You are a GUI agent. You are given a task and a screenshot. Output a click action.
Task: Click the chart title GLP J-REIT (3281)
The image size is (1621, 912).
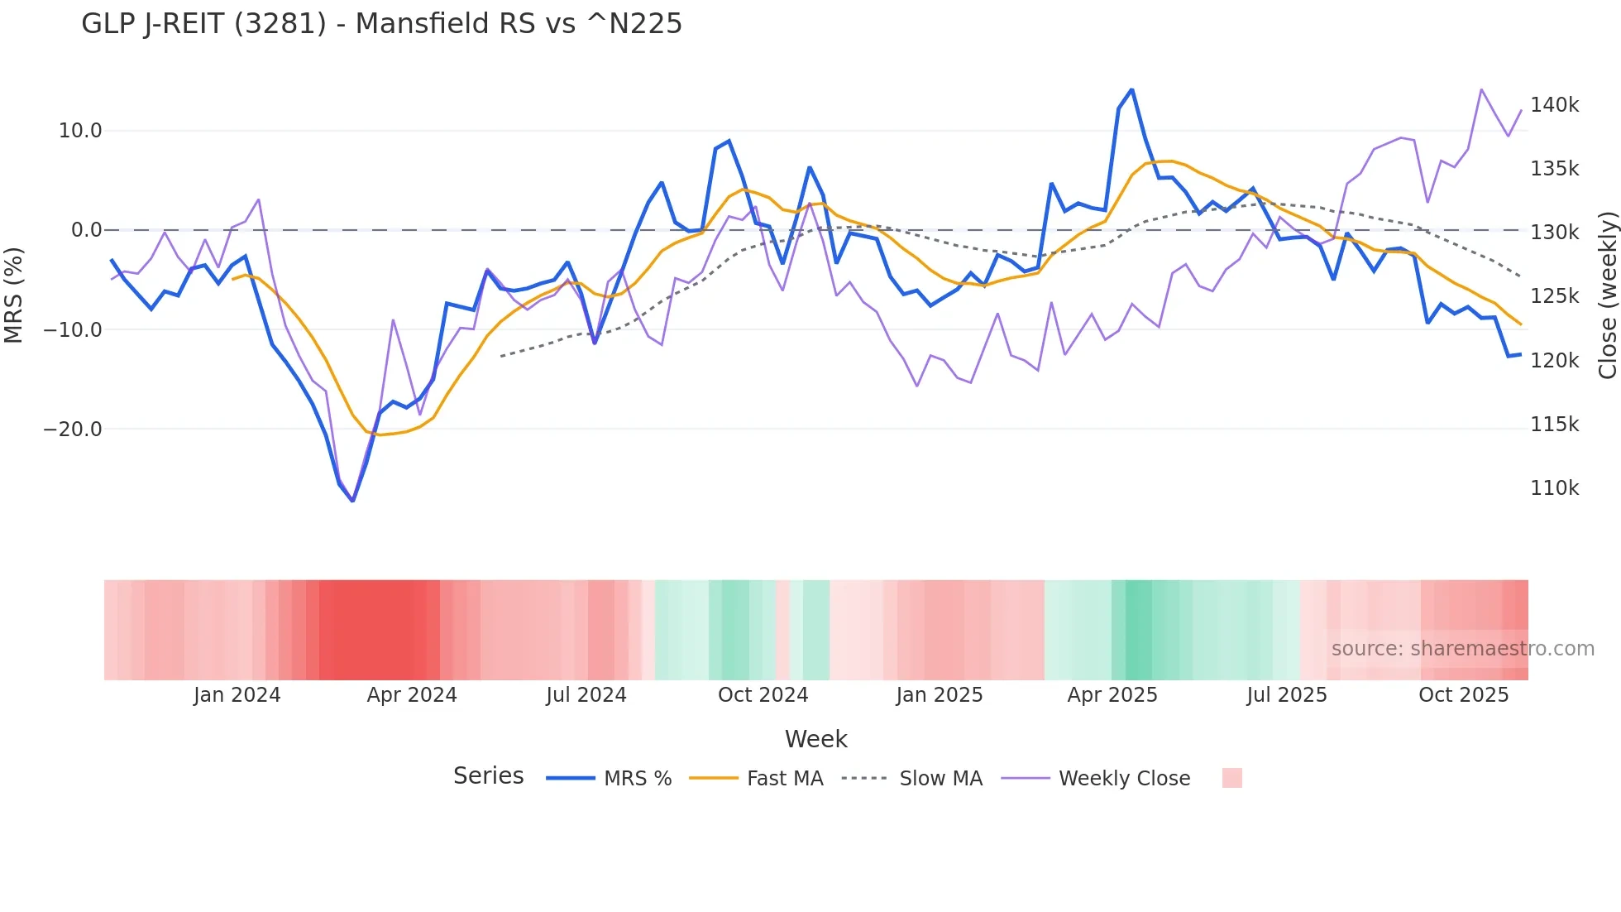click(381, 24)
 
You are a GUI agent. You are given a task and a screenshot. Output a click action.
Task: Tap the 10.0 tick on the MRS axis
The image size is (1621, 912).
click(80, 131)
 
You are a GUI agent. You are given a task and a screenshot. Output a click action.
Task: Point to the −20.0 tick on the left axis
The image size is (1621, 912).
click(73, 430)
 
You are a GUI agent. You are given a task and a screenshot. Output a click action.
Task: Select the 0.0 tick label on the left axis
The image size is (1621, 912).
click(86, 230)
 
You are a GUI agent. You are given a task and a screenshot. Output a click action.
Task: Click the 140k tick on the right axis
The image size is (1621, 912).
click(1554, 105)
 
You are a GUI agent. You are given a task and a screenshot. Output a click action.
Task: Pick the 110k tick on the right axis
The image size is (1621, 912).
click(1554, 488)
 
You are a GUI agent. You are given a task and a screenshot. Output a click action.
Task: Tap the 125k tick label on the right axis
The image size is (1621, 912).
click(1554, 296)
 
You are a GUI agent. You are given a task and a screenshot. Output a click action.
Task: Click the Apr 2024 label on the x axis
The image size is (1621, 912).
click(412, 695)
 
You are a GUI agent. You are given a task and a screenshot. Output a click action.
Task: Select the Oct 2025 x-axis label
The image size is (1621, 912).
click(1463, 695)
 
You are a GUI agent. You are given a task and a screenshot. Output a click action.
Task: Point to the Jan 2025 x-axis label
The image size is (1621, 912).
click(939, 695)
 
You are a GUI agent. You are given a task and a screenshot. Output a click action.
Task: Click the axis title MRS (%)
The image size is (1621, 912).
click(14, 295)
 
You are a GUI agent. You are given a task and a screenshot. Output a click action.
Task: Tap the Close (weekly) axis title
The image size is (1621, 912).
click(1607, 295)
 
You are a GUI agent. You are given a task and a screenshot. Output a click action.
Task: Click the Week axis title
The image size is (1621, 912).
click(815, 739)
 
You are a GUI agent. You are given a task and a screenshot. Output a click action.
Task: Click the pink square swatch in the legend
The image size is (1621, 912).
click(1231, 778)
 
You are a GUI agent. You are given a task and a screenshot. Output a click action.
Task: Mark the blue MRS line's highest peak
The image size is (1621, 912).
click(1131, 89)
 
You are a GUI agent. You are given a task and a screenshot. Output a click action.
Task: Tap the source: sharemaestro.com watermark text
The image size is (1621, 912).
click(1462, 649)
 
